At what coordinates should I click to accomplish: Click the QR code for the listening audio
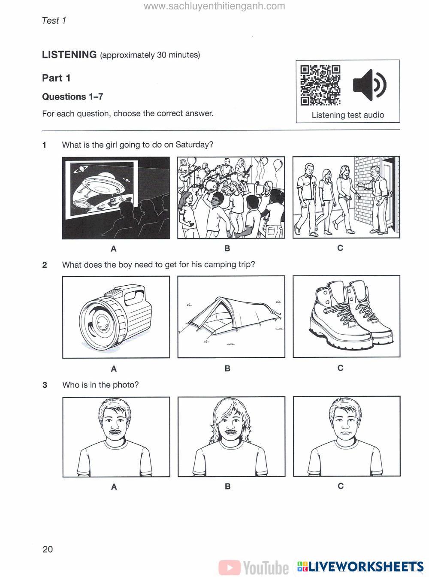click(x=320, y=85)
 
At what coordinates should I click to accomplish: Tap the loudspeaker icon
click(x=369, y=84)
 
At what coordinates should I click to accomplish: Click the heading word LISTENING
click(x=69, y=55)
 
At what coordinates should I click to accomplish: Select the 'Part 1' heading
click(x=56, y=78)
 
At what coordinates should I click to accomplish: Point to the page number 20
click(x=48, y=549)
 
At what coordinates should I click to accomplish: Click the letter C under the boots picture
click(x=340, y=368)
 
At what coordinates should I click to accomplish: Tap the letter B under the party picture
click(x=227, y=248)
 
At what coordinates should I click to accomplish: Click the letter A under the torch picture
click(x=114, y=369)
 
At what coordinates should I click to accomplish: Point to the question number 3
click(x=45, y=385)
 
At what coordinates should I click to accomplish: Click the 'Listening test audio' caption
click(x=347, y=115)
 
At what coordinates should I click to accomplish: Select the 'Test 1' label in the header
click(x=54, y=21)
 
